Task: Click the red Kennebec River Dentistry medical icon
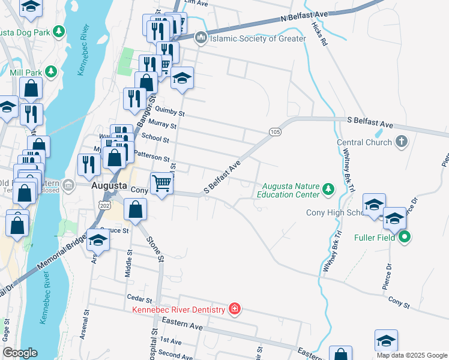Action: (x=235, y=309)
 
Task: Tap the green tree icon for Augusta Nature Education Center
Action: (x=328, y=190)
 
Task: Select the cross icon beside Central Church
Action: (x=402, y=142)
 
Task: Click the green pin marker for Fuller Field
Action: (x=405, y=237)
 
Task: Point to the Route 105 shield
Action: (x=275, y=131)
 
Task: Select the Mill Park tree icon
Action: (x=51, y=72)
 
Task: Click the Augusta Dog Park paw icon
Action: (x=58, y=31)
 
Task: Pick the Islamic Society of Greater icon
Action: (x=200, y=38)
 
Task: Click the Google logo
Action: (x=20, y=353)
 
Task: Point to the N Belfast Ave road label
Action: (x=306, y=17)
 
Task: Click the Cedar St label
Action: (x=138, y=297)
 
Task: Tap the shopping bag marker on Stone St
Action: (x=136, y=210)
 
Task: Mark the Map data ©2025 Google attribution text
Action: (x=411, y=355)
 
